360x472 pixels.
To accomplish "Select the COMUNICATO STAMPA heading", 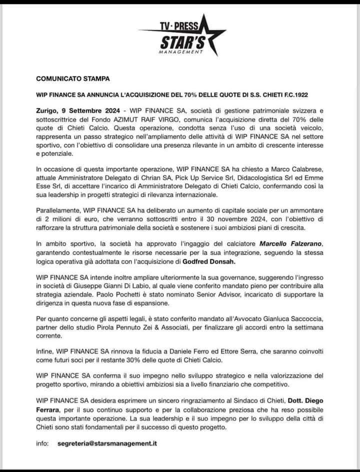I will (x=72, y=79).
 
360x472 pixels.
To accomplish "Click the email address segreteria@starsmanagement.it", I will (x=107, y=444).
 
